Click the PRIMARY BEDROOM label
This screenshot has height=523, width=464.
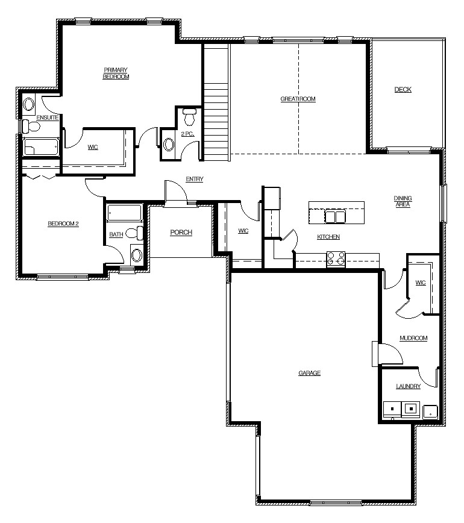116,73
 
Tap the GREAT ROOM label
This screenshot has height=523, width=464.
298,99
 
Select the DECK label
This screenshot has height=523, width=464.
403,89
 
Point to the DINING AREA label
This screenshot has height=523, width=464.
403,201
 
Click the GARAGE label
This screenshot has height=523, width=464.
310,373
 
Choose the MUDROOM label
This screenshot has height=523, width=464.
413,338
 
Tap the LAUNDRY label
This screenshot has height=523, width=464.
409,386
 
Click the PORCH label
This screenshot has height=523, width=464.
181,232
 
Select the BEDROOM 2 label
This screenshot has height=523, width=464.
63,224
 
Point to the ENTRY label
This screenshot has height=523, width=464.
195,179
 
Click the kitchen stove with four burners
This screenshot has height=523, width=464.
336,259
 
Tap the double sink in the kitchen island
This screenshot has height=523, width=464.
335,216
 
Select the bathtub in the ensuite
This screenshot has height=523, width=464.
42,147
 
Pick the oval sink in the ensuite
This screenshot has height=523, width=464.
29,104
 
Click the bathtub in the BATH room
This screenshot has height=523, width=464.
125,213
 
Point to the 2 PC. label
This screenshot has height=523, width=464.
187,134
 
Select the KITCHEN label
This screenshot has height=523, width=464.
328,237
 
